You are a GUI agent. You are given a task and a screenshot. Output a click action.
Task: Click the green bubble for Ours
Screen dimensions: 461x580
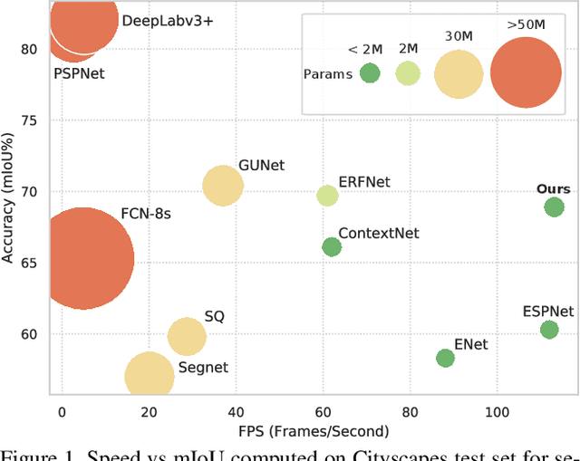click(554, 207)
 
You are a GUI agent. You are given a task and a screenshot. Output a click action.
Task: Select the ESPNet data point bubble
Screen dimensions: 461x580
click(549, 330)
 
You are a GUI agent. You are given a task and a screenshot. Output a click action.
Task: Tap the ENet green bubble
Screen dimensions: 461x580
click(445, 359)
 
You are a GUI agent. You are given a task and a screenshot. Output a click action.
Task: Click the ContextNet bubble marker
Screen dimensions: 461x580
click(332, 247)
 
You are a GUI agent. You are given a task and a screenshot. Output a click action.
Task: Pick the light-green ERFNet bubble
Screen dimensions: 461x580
click(327, 196)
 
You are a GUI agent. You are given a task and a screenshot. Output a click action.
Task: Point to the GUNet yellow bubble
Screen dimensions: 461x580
click(222, 186)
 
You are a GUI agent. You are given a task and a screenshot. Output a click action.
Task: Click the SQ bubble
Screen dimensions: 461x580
click(187, 337)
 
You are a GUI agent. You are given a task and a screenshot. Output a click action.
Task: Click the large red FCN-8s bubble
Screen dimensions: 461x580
click(83, 259)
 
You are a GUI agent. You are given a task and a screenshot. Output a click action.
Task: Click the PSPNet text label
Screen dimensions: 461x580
click(79, 73)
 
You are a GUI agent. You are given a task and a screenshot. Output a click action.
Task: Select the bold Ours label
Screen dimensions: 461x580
click(553, 188)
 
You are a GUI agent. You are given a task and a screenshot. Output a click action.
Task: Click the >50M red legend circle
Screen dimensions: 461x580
click(526, 73)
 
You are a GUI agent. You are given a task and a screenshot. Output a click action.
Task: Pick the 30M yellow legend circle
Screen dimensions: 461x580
click(459, 73)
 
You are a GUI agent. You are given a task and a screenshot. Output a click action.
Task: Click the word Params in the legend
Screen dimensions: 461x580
click(328, 74)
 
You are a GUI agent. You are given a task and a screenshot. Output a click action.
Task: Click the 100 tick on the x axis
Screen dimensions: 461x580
click(498, 413)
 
